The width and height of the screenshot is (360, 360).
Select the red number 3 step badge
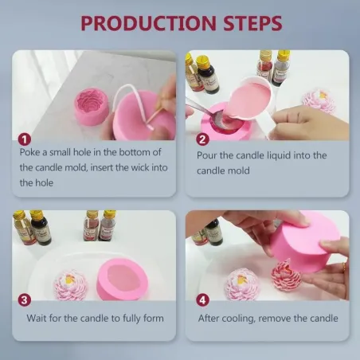point(25,299)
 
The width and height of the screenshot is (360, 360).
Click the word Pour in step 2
point(209,155)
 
